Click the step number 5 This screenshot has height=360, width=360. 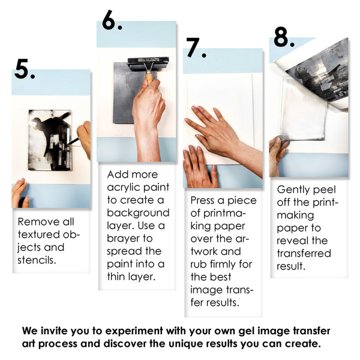[24, 70]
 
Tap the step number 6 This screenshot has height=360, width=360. [112, 20]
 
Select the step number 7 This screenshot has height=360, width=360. [195, 48]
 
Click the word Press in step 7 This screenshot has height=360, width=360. [203, 200]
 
